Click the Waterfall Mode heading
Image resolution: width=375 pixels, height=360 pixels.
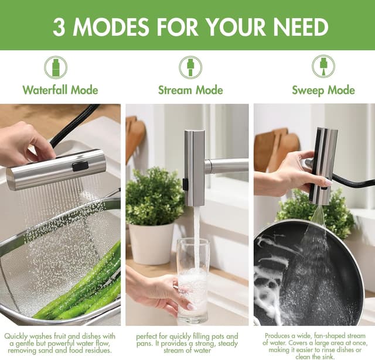click(x=60, y=90)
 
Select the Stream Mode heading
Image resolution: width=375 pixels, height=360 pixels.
click(x=190, y=90)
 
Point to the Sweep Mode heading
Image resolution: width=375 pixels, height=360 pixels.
click(x=323, y=90)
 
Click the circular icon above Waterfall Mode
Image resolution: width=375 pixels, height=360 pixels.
click(x=56, y=67)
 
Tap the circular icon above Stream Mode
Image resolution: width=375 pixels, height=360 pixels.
click(x=190, y=67)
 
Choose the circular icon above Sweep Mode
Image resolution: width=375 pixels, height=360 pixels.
click(x=323, y=66)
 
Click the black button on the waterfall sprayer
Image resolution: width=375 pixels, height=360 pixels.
click(x=80, y=166)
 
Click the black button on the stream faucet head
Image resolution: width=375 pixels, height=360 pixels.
click(x=185, y=184)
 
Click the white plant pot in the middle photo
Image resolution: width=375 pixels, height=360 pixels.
click(x=151, y=244)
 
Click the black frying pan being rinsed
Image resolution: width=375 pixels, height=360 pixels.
click(x=309, y=275)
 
